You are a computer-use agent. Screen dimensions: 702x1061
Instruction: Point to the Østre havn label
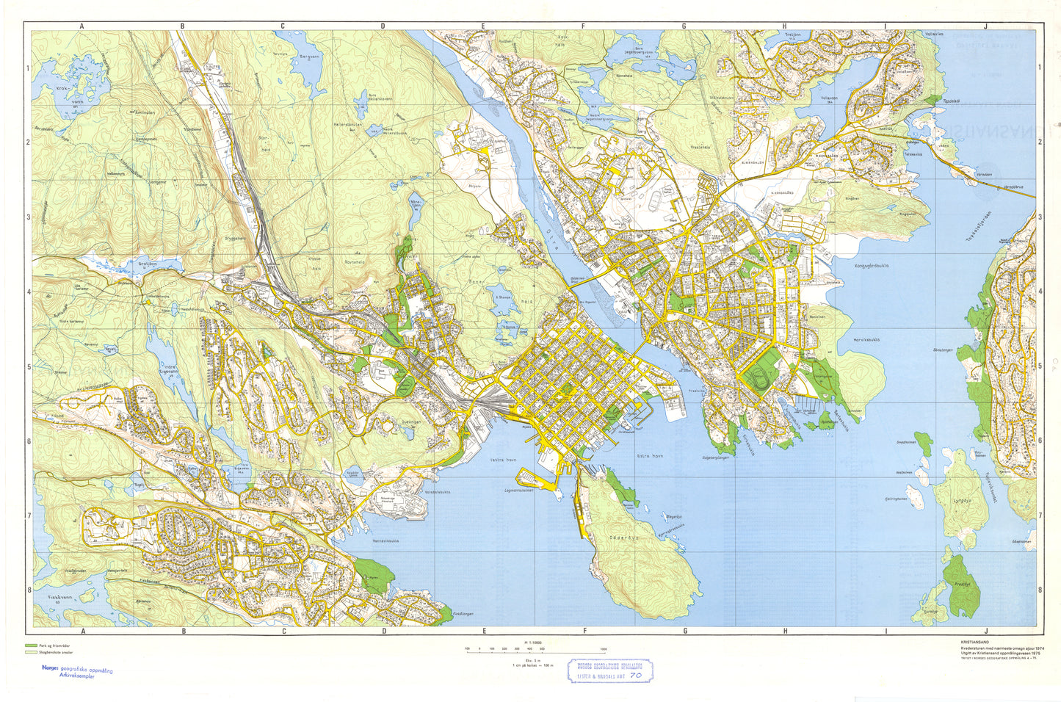[649, 456]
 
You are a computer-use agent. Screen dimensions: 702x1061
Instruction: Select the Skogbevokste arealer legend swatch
[30, 652]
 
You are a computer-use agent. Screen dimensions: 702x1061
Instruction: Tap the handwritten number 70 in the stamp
[634, 674]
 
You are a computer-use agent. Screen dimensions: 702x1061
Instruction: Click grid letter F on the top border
[584, 26]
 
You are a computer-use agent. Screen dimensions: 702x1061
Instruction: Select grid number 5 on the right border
[1040, 366]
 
